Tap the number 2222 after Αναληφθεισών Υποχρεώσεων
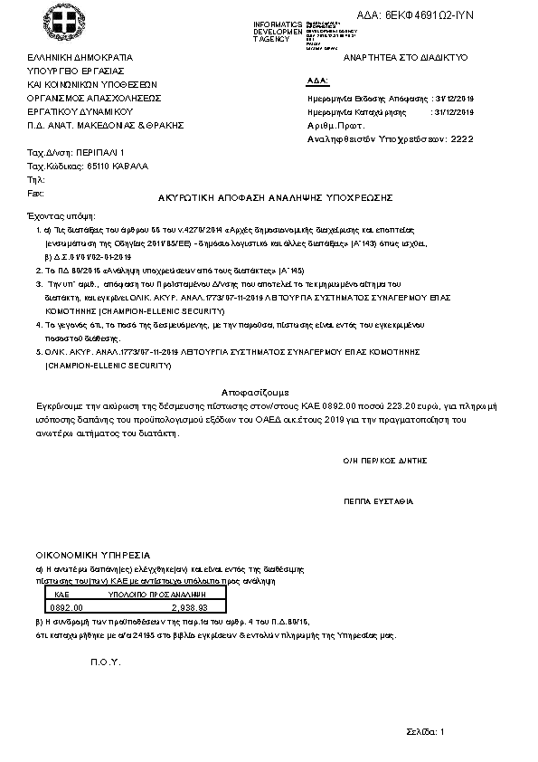click(461, 140)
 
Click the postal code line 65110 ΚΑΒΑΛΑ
click(89, 167)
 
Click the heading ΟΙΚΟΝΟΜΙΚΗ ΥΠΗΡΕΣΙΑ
click(92, 554)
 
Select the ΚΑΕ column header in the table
click(62, 595)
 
